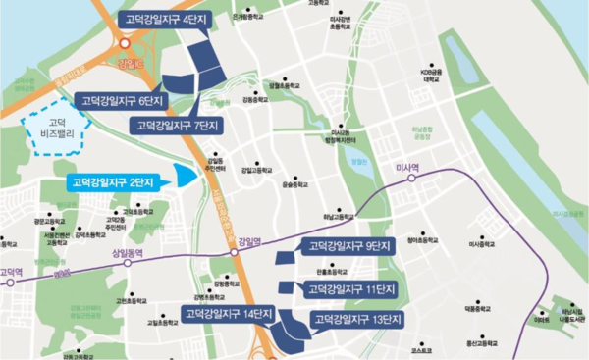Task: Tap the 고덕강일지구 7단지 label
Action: (x=178, y=126)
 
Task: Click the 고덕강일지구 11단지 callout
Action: (x=349, y=288)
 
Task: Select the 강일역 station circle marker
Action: (x=236, y=252)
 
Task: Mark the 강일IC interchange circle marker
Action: (x=124, y=42)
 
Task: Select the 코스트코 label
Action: (x=421, y=349)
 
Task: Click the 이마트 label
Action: (x=542, y=319)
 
